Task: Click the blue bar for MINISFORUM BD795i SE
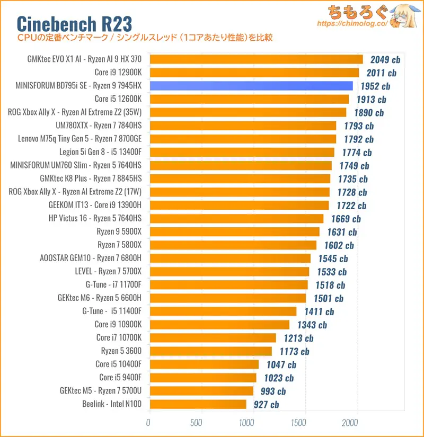251,86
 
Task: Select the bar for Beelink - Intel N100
197,404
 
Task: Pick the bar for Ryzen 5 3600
210,351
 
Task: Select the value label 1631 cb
342,232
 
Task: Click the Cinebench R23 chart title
74,23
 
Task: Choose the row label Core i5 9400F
120,378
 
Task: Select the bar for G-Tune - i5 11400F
223,311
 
